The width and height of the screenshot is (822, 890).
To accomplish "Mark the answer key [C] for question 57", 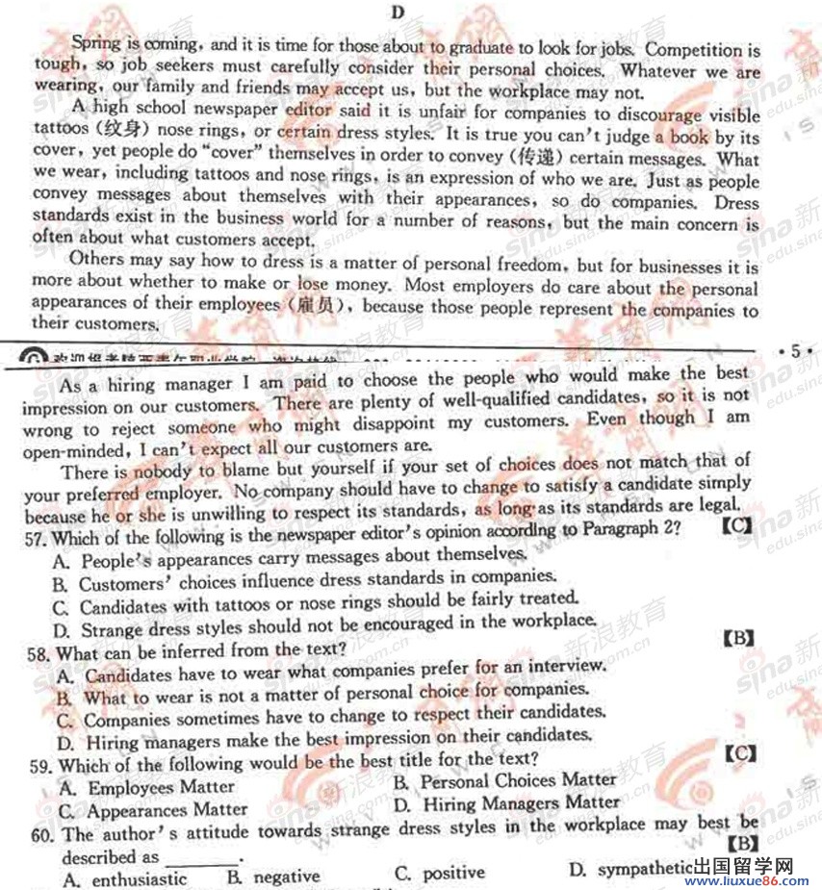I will (x=736, y=526).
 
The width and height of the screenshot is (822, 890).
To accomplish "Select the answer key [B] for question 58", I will (x=736, y=637).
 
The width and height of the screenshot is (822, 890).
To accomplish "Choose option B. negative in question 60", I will (x=273, y=877).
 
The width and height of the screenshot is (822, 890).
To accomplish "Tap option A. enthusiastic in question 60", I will (x=126, y=878).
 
